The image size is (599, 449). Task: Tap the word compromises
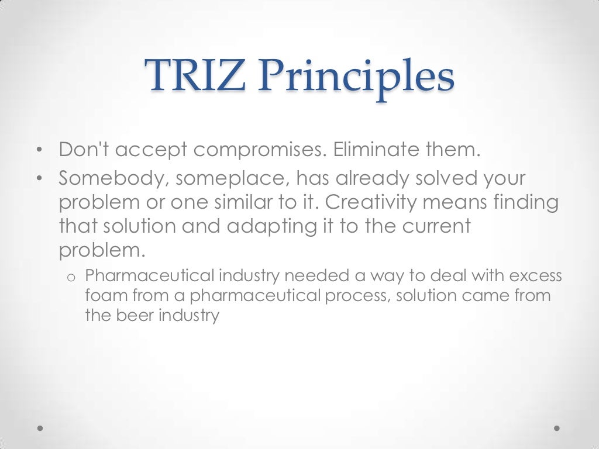[x=260, y=150]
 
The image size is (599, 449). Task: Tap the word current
[x=433, y=226]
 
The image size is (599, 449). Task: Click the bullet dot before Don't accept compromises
[x=39, y=151]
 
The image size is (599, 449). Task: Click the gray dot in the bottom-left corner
[x=40, y=427]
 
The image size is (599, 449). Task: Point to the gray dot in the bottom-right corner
[x=557, y=427]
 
